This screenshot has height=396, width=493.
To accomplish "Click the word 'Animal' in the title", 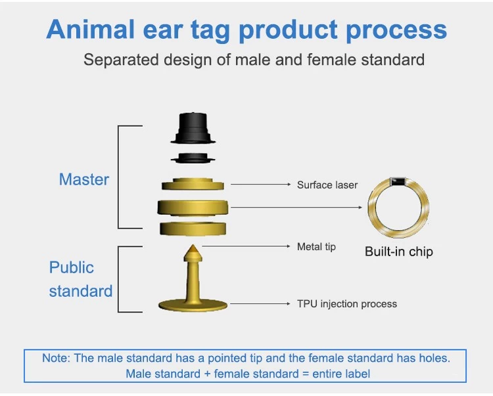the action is (x=91, y=29).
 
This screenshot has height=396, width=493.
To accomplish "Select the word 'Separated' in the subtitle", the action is (x=121, y=60).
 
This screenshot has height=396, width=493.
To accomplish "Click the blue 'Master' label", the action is (x=84, y=180).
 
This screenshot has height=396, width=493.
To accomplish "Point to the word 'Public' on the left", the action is (x=72, y=267).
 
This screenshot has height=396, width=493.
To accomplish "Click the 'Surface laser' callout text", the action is (x=327, y=185).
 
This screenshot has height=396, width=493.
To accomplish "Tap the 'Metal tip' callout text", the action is (x=316, y=247).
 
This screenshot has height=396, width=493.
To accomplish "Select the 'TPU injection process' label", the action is (x=347, y=304).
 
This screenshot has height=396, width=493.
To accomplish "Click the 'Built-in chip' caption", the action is (x=399, y=252).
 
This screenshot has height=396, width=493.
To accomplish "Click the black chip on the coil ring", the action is (x=398, y=181).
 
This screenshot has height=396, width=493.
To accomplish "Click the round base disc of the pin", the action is (x=193, y=305).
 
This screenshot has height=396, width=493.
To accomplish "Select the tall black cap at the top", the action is (x=193, y=128).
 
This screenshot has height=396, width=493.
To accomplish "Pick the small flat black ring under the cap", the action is (x=193, y=158).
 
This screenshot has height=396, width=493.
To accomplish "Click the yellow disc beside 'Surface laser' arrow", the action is (x=193, y=185).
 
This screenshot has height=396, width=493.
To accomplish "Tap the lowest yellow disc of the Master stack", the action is (x=193, y=229).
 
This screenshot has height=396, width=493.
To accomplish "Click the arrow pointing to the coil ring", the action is (x=296, y=208).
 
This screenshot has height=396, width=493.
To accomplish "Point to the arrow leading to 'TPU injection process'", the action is (x=260, y=303).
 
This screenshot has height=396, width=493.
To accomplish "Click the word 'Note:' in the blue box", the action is (x=57, y=358).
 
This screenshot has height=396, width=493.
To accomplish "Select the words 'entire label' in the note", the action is (x=341, y=374).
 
